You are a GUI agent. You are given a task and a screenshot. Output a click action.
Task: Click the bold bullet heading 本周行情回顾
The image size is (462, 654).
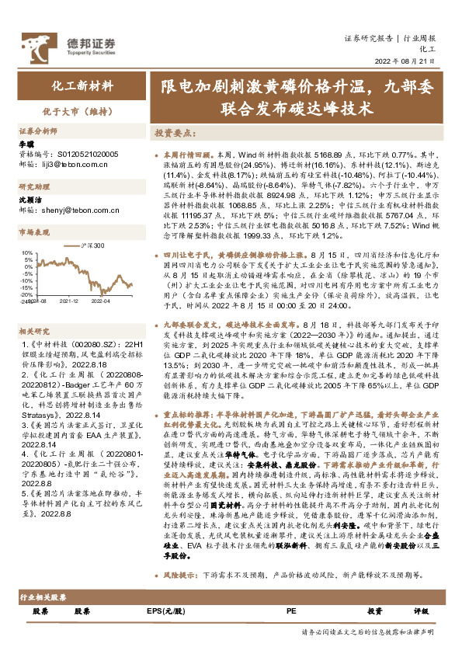pyautogui.click(x=186, y=155)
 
